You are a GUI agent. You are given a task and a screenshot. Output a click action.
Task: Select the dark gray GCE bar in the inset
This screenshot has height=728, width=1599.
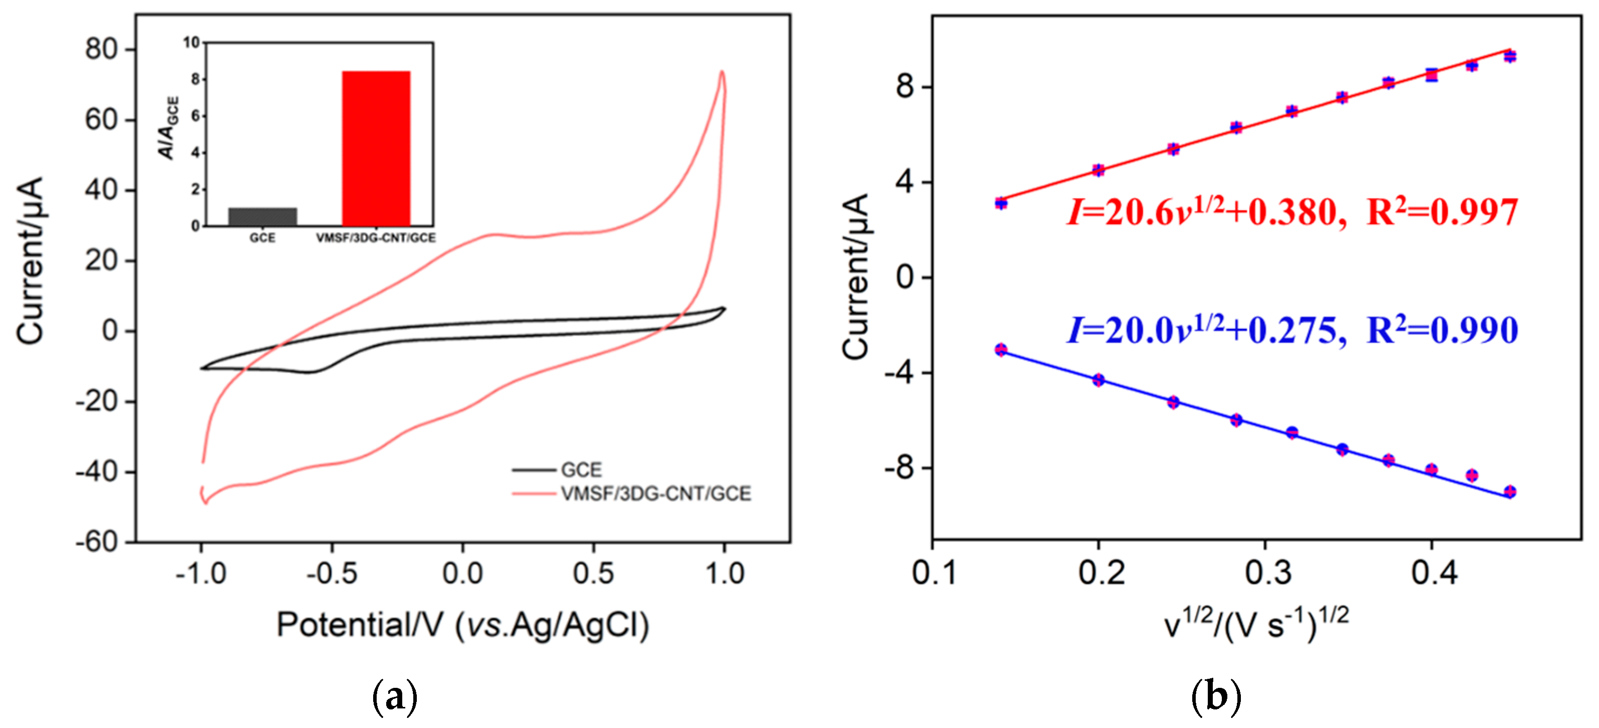[262, 216]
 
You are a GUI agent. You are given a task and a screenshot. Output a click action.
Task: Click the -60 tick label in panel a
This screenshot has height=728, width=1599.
[98, 542]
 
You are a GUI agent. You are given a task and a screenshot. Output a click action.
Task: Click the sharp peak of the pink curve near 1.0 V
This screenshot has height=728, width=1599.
[721, 73]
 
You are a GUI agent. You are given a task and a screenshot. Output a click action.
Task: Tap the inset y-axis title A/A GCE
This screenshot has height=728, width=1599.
[169, 128]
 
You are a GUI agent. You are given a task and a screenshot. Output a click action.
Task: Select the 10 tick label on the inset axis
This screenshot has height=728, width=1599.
[191, 42]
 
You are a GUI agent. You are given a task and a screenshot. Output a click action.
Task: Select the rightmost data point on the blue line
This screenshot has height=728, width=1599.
[1510, 492]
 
